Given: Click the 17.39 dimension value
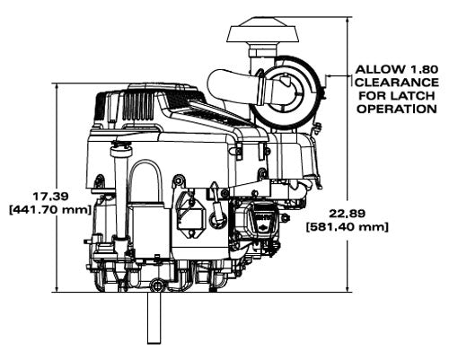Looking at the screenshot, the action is [50, 197].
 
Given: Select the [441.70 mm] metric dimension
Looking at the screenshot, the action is [49, 210].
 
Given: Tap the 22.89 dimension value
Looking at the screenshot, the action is [348, 214].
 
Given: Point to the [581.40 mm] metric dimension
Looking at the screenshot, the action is [348, 227].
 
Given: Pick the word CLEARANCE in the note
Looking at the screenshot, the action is [397, 83].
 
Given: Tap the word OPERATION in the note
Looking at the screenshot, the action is [397, 109].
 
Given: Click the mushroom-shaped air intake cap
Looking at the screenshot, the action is [263, 31].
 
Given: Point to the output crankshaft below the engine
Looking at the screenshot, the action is [154, 318].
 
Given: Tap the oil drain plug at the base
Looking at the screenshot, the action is [156, 285].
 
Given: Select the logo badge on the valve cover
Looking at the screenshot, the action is [263, 223].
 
